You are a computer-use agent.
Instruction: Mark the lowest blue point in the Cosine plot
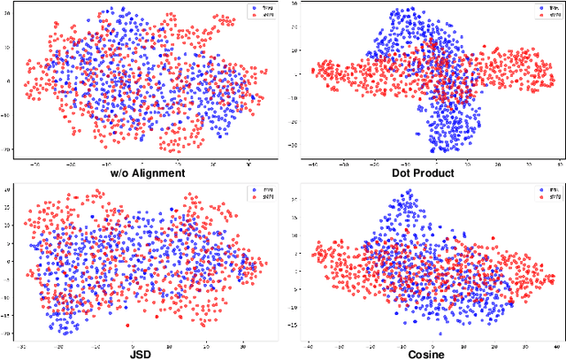439,333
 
